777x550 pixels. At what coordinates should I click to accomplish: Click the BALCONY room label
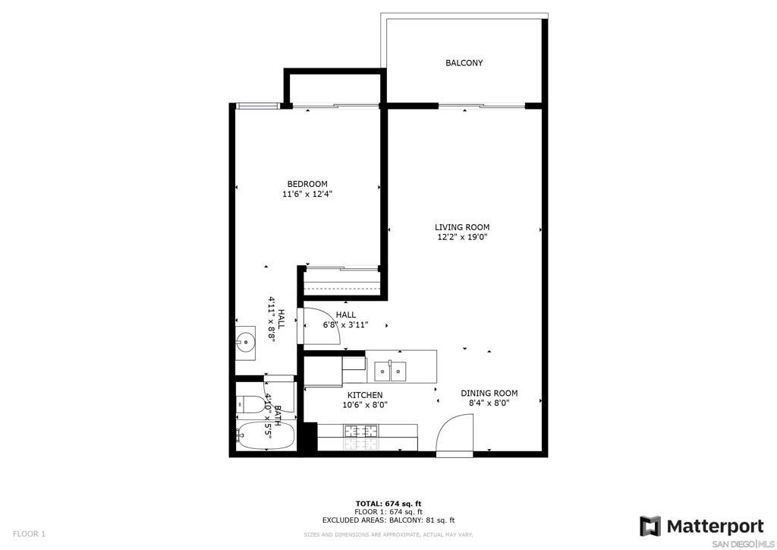(x=464, y=63)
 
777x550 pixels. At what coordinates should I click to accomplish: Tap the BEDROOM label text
(x=307, y=184)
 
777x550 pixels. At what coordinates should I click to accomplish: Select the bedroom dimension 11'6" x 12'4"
(x=307, y=194)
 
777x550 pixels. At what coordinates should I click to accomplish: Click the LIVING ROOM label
(x=462, y=227)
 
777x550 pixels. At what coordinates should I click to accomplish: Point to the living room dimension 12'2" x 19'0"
(x=462, y=237)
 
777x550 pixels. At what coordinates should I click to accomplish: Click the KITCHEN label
(x=365, y=395)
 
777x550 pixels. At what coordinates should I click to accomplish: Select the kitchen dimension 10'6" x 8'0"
(x=365, y=405)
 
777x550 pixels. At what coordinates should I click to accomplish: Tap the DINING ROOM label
(x=489, y=394)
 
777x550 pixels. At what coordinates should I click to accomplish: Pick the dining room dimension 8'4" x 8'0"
(x=489, y=403)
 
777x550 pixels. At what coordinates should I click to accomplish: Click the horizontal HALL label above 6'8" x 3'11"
(x=345, y=315)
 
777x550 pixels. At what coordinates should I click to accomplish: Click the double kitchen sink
(x=390, y=371)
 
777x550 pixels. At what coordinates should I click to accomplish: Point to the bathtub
(x=266, y=435)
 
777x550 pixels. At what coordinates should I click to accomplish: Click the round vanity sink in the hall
(x=245, y=341)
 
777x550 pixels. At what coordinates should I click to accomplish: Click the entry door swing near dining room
(x=455, y=434)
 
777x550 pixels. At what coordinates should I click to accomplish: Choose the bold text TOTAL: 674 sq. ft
(x=388, y=504)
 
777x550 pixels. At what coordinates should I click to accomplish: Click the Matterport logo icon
(x=650, y=526)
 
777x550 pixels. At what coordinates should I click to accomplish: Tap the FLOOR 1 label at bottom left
(x=29, y=534)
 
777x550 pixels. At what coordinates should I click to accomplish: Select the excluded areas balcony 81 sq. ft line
(x=388, y=520)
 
